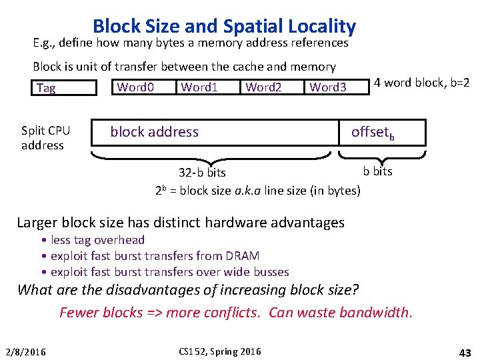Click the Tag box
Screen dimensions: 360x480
click(64, 88)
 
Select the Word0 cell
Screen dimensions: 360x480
click(135, 87)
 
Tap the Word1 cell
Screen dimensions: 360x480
click(199, 87)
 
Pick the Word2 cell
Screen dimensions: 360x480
click(263, 87)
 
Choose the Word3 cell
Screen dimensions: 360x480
click(328, 87)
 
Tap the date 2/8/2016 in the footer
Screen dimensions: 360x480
click(25, 351)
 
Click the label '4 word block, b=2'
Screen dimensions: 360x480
click(421, 83)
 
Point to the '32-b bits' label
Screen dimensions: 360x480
click(202, 173)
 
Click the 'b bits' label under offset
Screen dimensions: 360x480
click(377, 171)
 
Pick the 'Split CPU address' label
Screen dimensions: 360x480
click(45, 138)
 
